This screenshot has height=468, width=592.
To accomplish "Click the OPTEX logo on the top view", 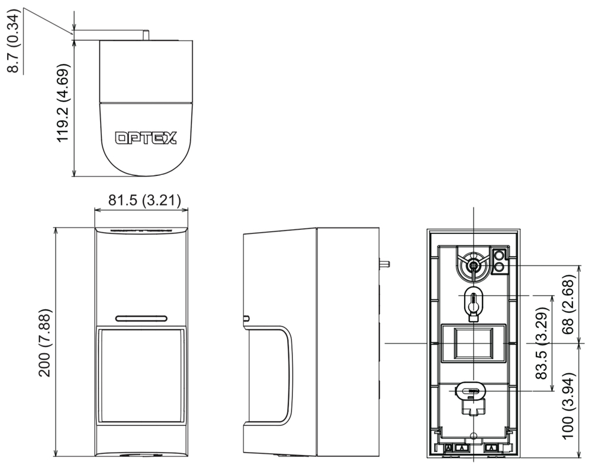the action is (146, 138).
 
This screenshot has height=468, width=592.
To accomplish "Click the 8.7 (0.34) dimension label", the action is (15, 40).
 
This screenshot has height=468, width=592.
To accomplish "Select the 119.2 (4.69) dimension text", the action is (63, 102).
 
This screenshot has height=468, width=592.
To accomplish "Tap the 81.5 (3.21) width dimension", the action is (144, 200).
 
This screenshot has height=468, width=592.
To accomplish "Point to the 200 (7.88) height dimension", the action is (44, 342).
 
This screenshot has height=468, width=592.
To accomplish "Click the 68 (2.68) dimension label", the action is (568, 304).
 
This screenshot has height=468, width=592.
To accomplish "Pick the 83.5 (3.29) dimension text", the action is (541, 344).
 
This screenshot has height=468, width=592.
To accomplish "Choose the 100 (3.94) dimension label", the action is (568, 406).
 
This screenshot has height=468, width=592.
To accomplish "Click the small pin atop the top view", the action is (146, 35).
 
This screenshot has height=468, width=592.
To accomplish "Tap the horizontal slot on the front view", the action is (141, 318).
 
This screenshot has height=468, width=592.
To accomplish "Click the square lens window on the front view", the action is (141, 375).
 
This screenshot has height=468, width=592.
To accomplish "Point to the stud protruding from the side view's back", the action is (384, 264).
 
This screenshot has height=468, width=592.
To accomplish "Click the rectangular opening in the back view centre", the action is (474, 344).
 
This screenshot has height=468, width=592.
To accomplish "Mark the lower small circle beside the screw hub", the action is (499, 268).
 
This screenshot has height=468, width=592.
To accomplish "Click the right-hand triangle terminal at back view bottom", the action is (491, 448).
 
